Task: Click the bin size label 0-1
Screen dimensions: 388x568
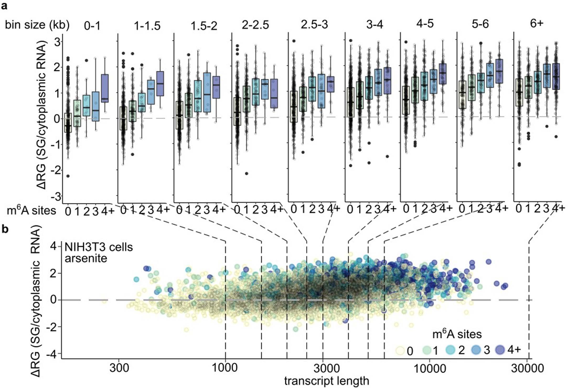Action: pos(92,26)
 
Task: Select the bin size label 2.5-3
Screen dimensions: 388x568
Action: pos(314,25)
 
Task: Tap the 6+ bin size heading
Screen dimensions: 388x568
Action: pos(536,24)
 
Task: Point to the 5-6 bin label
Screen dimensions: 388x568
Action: pos(480,24)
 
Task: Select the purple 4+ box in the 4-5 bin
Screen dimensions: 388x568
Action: pos(443,74)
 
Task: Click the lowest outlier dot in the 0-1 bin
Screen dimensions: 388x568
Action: pos(68,176)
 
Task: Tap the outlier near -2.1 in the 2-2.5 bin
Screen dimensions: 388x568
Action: pos(247,173)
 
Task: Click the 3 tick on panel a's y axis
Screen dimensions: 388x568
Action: pos(57,42)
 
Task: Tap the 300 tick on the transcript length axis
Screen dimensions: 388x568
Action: pos(119,368)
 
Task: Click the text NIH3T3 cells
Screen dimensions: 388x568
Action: pos(99,247)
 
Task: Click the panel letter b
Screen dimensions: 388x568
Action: pos(5,229)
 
